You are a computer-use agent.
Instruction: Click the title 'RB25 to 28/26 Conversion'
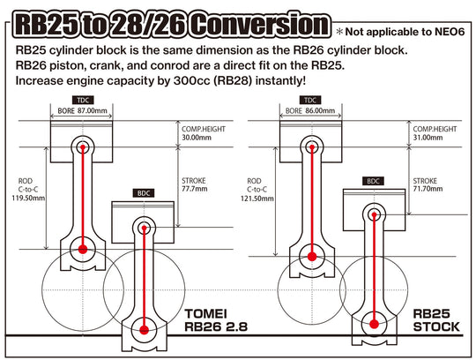pos(167,21)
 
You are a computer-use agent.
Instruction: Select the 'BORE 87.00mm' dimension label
pos(83,112)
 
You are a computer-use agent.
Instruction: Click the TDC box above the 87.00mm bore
pos(83,101)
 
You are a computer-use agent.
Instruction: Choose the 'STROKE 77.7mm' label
pos(196,184)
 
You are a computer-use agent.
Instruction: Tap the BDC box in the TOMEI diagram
pos(143,192)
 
